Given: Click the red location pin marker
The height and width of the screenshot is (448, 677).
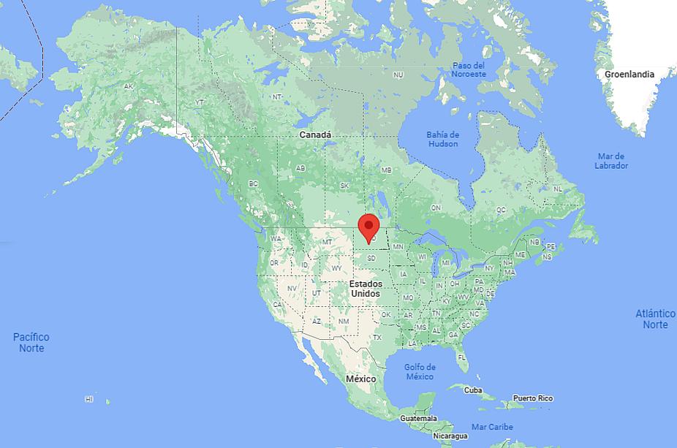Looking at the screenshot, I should click(x=369, y=226).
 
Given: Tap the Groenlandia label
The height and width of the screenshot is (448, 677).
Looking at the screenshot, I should click(x=629, y=74).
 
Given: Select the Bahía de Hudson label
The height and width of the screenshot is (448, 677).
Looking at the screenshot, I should click(x=443, y=139).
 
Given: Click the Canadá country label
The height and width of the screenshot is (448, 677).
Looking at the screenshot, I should click(x=315, y=135).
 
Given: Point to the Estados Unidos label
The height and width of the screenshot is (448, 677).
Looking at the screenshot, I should click(x=365, y=288).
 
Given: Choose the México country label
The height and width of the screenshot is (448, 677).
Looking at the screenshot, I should click(x=360, y=379).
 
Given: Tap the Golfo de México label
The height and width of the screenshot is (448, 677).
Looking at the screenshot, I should click(x=420, y=371).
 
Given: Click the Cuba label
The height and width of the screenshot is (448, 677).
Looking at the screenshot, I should click(x=473, y=390).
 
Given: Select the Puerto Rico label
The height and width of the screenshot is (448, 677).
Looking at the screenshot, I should click(x=532, y=398).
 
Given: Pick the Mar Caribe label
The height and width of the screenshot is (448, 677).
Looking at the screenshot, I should click(x=492, y=427).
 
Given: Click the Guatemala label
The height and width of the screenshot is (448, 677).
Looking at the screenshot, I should click(x=418, y=418).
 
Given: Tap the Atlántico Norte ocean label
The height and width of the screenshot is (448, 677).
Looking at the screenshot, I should click(x=655, y=319).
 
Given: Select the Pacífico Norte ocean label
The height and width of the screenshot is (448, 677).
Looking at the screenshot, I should click(x=31, y=342).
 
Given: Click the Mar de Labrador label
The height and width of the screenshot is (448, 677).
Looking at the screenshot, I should click(x=611, y=161).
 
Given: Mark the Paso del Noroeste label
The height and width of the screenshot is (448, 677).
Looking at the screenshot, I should click(x=469, y=70).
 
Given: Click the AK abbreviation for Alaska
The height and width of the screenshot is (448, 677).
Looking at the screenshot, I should click(x=129, y=86).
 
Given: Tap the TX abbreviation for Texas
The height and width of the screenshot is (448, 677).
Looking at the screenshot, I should click(x=377, y=338).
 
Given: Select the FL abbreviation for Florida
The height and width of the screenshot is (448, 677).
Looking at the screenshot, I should click(x=462, y=357).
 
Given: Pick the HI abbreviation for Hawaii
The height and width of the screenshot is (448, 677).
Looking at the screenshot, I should click(x=89, y=399).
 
